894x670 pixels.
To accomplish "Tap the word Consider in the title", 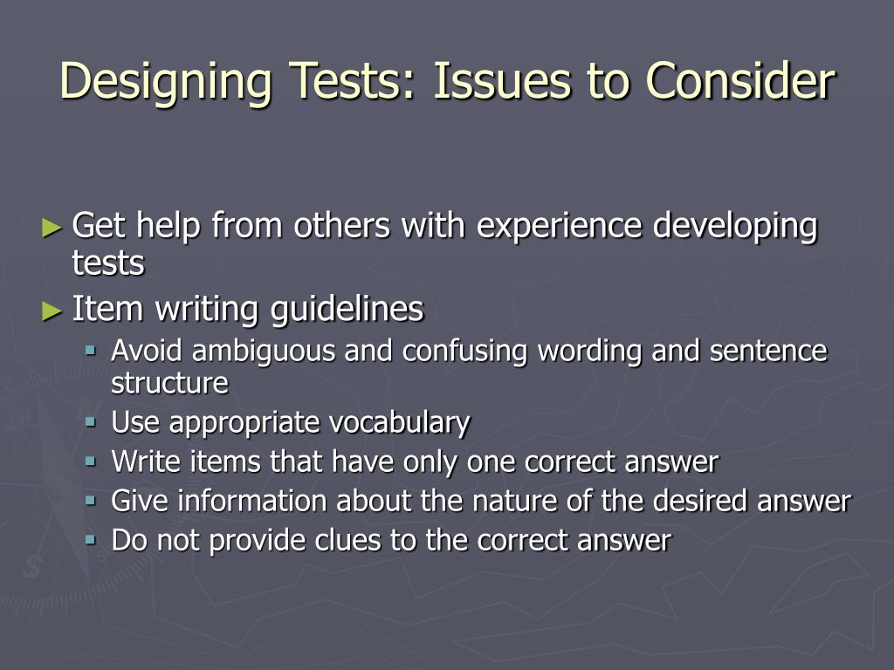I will pyautogui.click(x=740, y=81).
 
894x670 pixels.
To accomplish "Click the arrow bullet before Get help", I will pyautogui.click(x=53, y=228).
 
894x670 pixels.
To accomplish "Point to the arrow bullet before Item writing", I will pyautogui.click(x=53, y=310).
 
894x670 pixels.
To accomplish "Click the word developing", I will pyautogui.click(x=735, y=227).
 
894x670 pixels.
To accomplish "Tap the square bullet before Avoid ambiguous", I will pyautogui.click(x=91, y=351).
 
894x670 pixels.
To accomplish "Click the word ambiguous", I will pyautogui.click(x=264, y=352).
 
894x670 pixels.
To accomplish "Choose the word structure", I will pyautogui.click(x=169, y=383).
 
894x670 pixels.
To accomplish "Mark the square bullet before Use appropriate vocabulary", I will pyautogui.click(x=91, y=422).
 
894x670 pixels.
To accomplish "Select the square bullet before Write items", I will pyautogui.click(x=91, y=461).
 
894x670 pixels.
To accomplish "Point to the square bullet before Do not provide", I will pyautogui.click(x=91, y=540).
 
